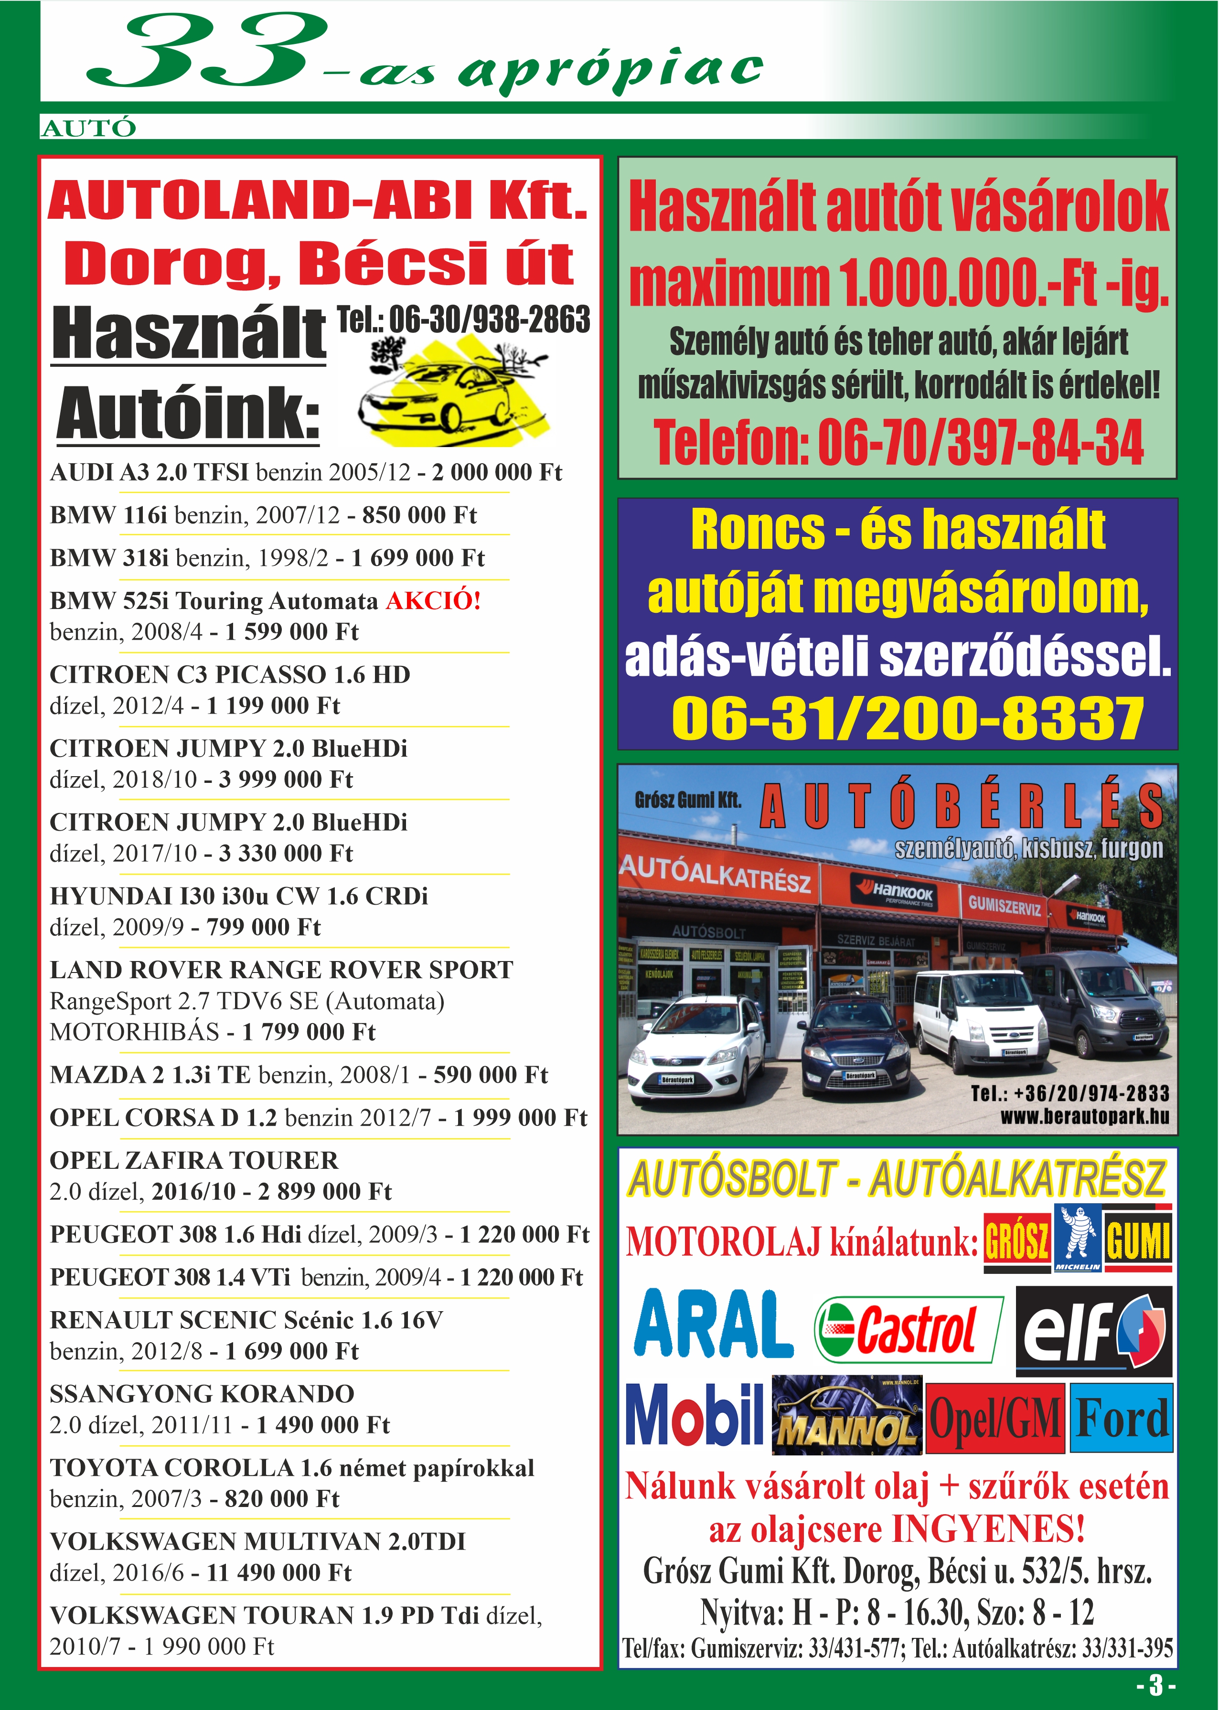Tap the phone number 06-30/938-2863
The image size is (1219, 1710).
point(464,320)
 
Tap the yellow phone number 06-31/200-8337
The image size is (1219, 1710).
point(908,718)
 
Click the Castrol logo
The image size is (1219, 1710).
point(908,1329)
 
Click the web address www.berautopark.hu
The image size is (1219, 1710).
point(1085,1116)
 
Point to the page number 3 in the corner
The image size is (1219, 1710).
point(1156,1685)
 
